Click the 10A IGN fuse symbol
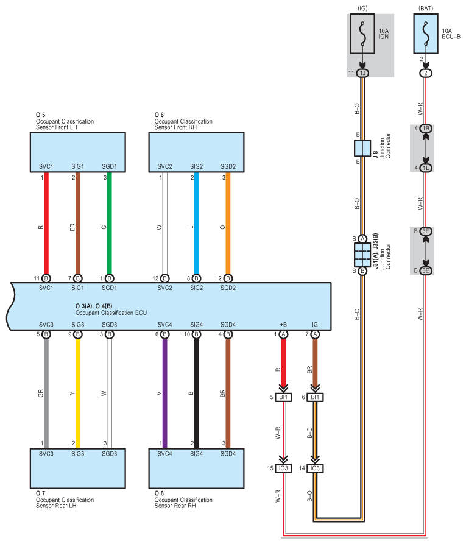click(362, 34)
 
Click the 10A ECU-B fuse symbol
click(426, 34)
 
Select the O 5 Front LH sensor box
click(78, 152)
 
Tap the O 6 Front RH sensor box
click(196, 152)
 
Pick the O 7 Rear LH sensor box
click(78, 468)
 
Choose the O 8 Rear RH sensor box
click(196, 468)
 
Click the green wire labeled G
click(109, 224)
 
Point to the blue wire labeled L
click(196, 224)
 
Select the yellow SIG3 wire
click(78, 394)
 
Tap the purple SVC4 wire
click(165, 394)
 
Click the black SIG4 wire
click(196, 394)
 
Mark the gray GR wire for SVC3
click(46, 394)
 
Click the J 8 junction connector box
click(362, 148)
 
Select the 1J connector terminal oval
click(362, 73)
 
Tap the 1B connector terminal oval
click(426, 129)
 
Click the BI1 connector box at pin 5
click(283, 397)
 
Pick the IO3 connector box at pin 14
click(315, 468)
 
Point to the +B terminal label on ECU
click(283, 324)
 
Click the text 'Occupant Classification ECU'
click(111, 313)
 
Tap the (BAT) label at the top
click(426, 8)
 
